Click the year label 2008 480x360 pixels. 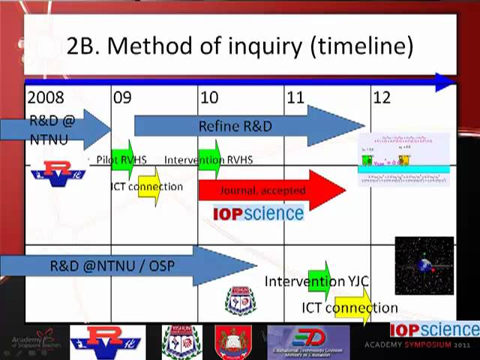click(46, 97)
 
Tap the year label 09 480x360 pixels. click(122, 97)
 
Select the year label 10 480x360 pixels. click(209, 97)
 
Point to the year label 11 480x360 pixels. click(295, 97)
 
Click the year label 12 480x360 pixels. click(382, 97)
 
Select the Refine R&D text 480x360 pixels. click(235, 126)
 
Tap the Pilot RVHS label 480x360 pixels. click(121, 160)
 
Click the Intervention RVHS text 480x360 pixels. click(208, 160)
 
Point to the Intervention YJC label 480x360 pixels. click(316, 282)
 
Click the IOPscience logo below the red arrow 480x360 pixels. click(259, 214)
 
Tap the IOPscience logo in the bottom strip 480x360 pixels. click(434, 330)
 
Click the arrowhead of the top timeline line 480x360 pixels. click(445, 82)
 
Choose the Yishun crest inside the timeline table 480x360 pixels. click(240, 301)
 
